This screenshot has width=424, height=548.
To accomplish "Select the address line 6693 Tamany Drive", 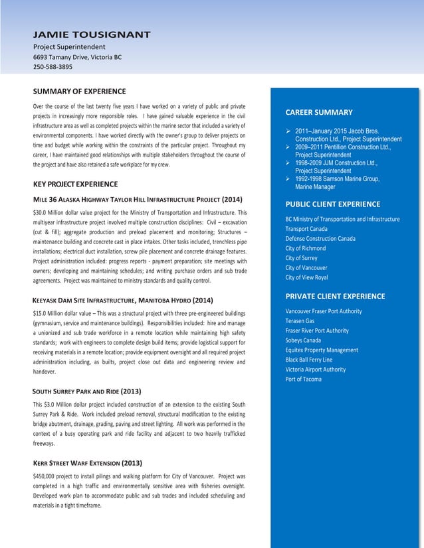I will (77, 57).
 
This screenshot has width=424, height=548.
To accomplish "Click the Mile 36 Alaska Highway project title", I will (138, 199).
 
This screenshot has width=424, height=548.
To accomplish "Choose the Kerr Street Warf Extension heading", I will (88, 463).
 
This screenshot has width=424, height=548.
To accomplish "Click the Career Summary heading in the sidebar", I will (318, 112).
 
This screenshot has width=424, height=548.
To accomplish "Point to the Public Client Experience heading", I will (332, 204).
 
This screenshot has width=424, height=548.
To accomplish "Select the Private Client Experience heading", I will (335, 296).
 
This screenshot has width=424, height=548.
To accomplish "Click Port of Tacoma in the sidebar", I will (303, 379).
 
